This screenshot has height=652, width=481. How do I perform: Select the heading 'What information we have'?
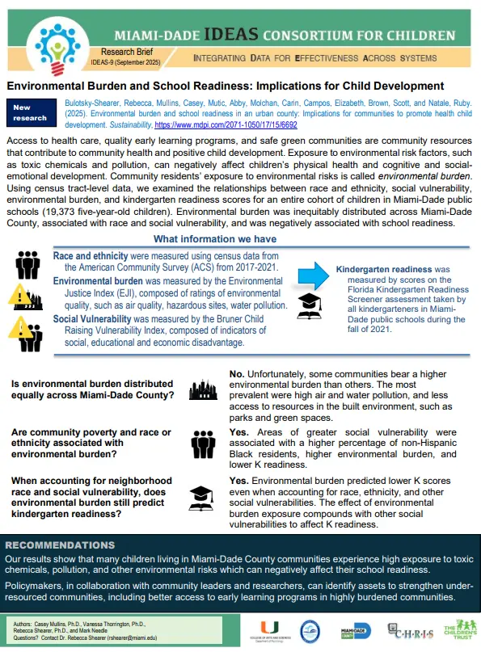(x=215, y=239)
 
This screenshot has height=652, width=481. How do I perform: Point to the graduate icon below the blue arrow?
(x=310, y=307)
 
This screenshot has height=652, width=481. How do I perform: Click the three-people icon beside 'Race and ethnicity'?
(x=28, y=263)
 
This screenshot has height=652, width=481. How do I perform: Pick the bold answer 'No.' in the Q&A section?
(x=238, y=374)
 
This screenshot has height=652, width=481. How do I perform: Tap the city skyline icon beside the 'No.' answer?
(x=202, y=391)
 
